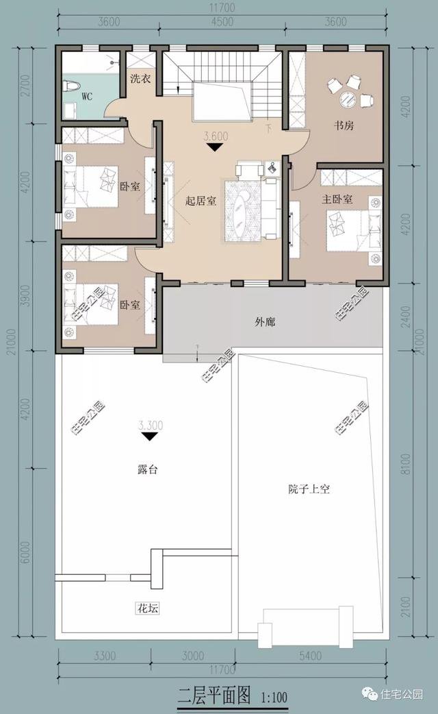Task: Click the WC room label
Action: click(87, 97)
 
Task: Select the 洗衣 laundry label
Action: click(140, 78)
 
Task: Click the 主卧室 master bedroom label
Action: click(337, 199)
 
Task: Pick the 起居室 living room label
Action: click(201, 201)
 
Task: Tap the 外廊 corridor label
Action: click(265, 321)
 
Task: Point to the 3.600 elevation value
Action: click(216, 136)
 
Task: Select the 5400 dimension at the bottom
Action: click(310, 656)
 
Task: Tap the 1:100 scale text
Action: click(274, 699)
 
